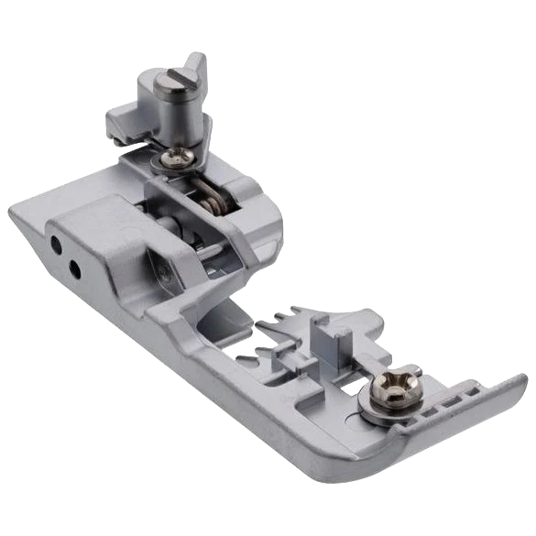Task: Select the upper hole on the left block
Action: (x=57, y=245)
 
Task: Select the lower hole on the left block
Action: (x=74, y=268)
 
